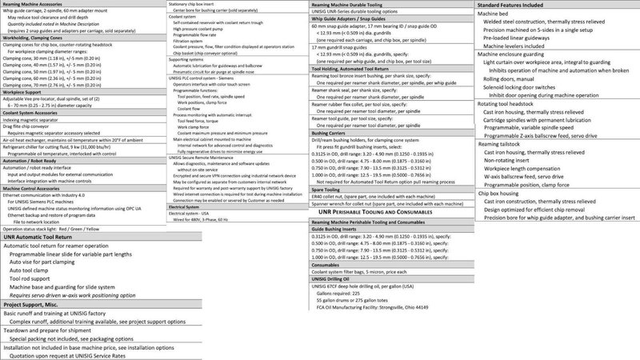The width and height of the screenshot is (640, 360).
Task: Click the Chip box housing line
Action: click(x=506, y=214)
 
